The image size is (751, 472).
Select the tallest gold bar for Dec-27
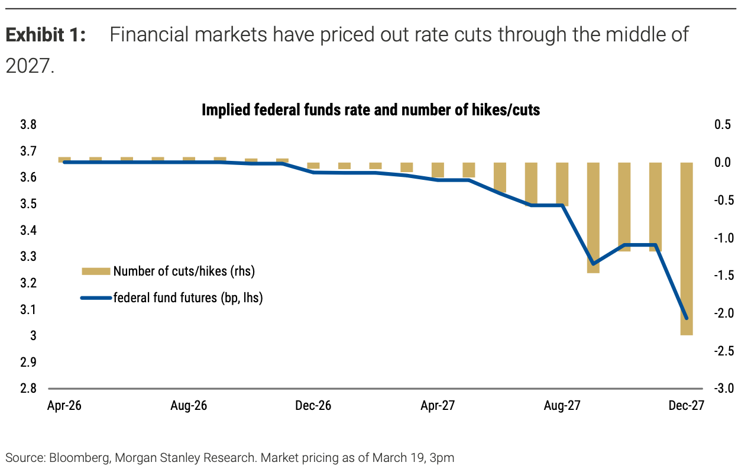tap(687, 248)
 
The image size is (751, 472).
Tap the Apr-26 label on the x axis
tap(64, 406)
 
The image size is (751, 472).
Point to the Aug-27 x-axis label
tap(562, 406)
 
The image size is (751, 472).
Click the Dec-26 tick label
tap(313, 406)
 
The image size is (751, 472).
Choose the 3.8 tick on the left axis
tap(29, 125)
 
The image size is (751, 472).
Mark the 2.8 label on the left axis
tap(29, 389)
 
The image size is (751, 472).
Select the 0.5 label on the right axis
tap(723, 125)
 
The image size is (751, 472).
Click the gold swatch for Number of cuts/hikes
tap(96, 271)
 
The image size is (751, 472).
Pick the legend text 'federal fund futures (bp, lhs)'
tap(188, 298)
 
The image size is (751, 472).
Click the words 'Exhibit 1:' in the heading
tap(46, 35)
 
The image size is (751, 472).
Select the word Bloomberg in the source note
tap(77, 458)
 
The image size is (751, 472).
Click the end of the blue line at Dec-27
tap(687, 318)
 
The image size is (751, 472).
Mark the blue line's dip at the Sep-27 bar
tap(593, 264)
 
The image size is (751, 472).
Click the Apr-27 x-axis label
tap(438, 406)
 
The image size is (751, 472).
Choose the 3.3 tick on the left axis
tap(29, 257)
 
